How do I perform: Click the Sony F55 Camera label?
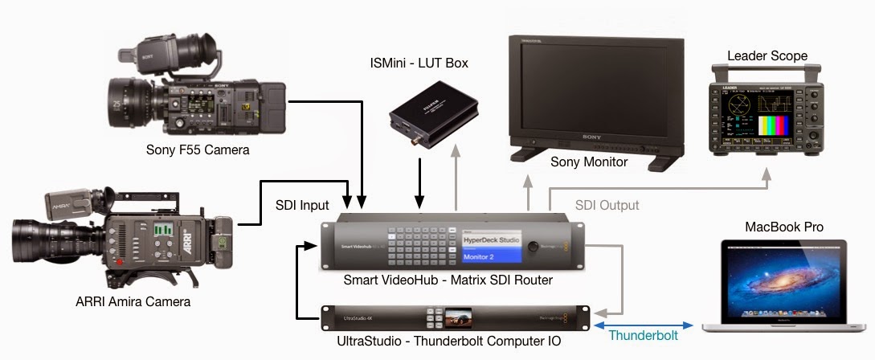198,149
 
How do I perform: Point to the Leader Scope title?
767,55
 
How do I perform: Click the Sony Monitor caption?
588,162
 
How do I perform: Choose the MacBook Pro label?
784,227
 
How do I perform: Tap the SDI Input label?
302,206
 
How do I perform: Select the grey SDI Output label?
607,206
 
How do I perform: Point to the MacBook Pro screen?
784,277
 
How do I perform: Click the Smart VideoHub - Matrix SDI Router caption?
448,280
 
